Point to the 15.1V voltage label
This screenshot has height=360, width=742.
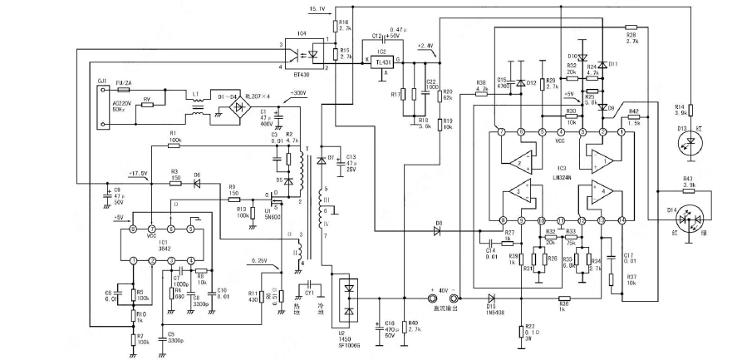tap(318, 9)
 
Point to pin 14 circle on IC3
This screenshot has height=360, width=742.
tap(622, 220)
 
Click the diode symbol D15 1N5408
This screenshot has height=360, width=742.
tap(491, 298)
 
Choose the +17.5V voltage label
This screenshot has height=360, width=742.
tap(138, 174)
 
